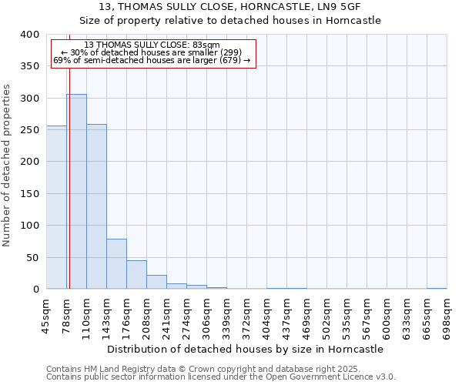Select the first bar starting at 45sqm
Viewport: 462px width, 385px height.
point(56,207)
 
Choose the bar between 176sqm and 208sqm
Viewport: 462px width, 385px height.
point(136,275)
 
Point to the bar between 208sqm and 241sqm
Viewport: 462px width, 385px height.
point(156,282)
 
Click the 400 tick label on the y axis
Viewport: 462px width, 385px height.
point(29,35)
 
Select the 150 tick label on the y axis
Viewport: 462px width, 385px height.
point(29,194)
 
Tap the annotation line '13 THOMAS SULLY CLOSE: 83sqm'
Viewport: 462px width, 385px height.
point(152,45)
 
